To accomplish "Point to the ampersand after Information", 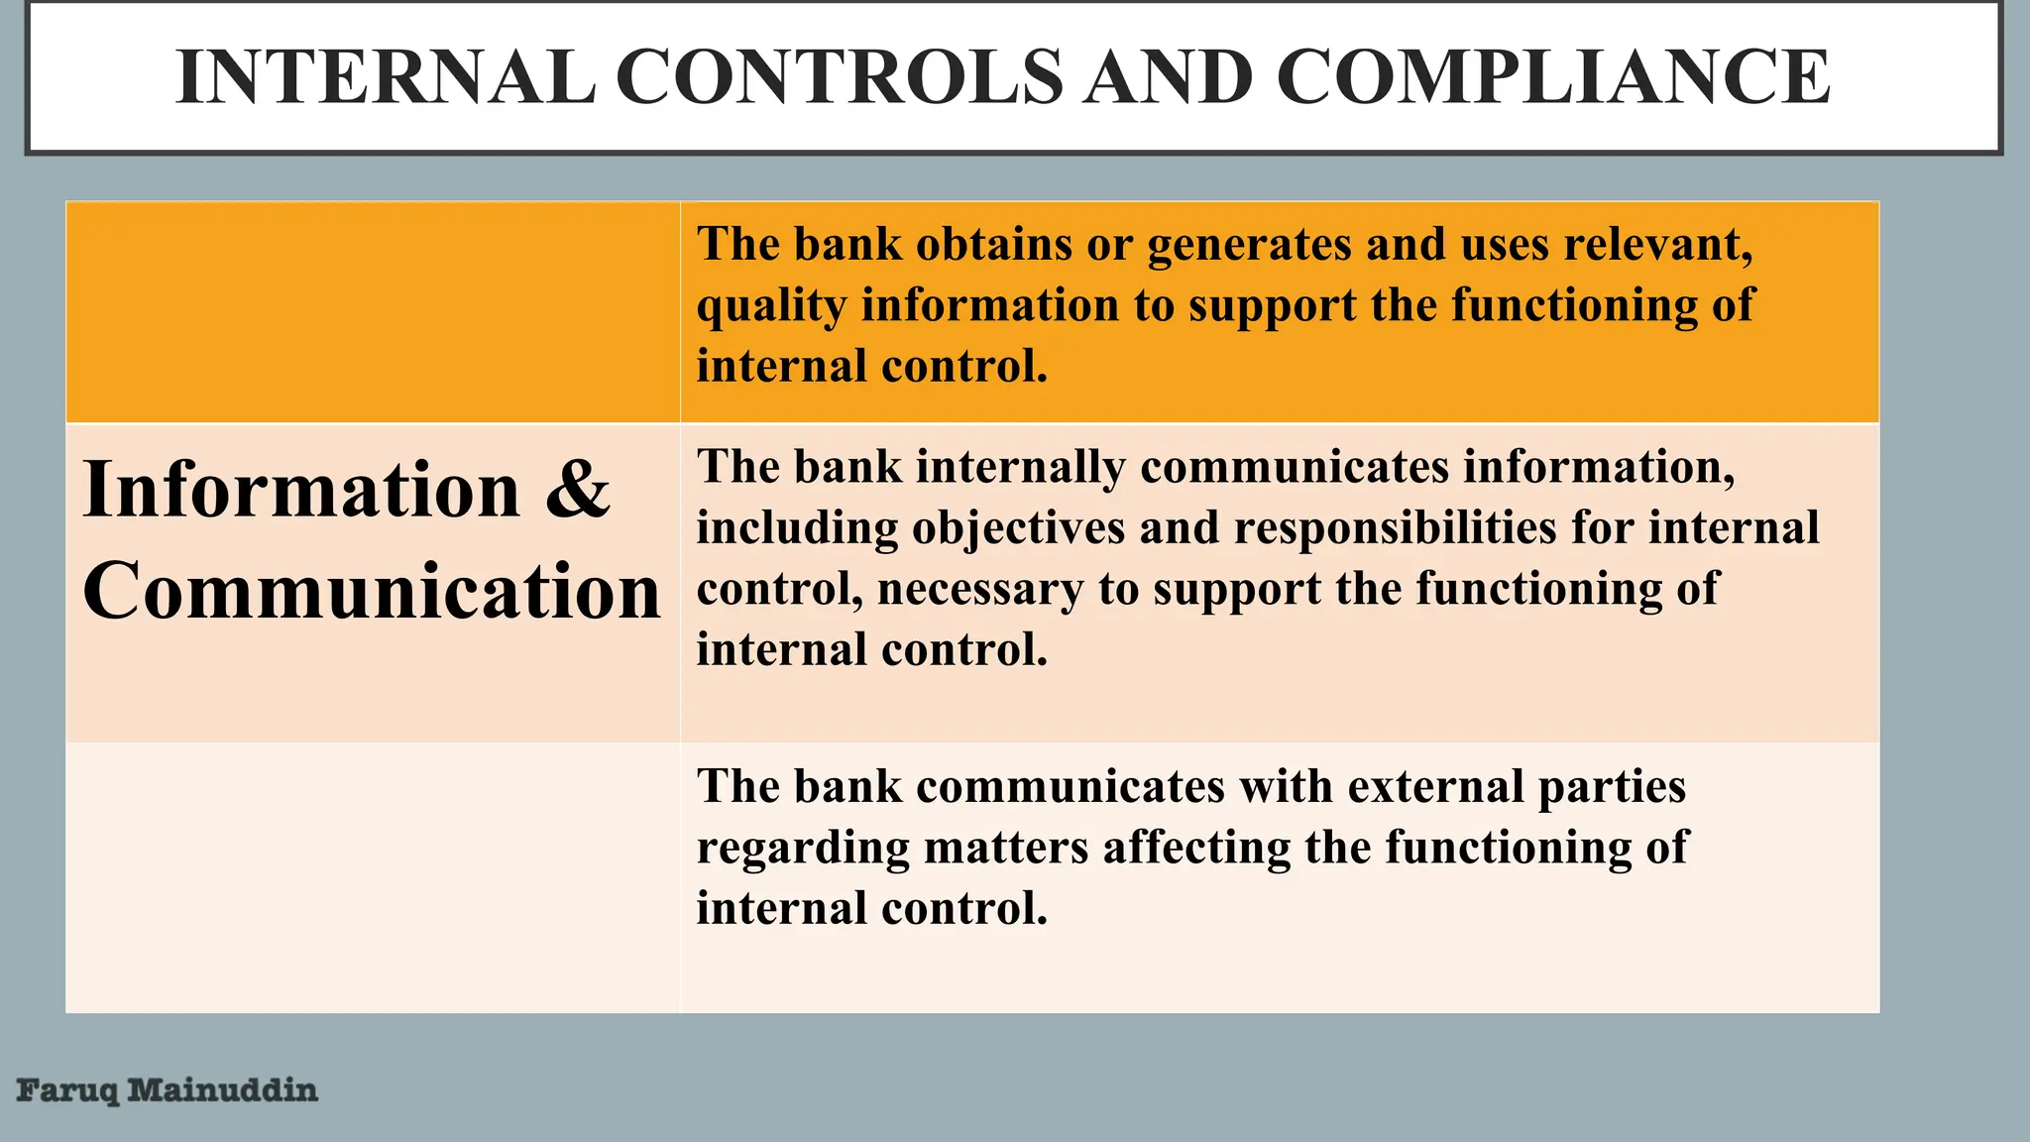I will [x=577, y=489].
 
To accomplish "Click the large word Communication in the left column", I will [x=372, y=591].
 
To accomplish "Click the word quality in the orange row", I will [x=770, y=306].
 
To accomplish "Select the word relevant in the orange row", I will [x=1657, y=244].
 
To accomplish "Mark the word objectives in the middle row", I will [x=1018, y=528].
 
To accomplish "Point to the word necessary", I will [x=980, y=590].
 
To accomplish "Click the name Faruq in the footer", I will [x=67, y=1091].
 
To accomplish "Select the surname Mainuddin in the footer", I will [x=223, y=1090].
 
